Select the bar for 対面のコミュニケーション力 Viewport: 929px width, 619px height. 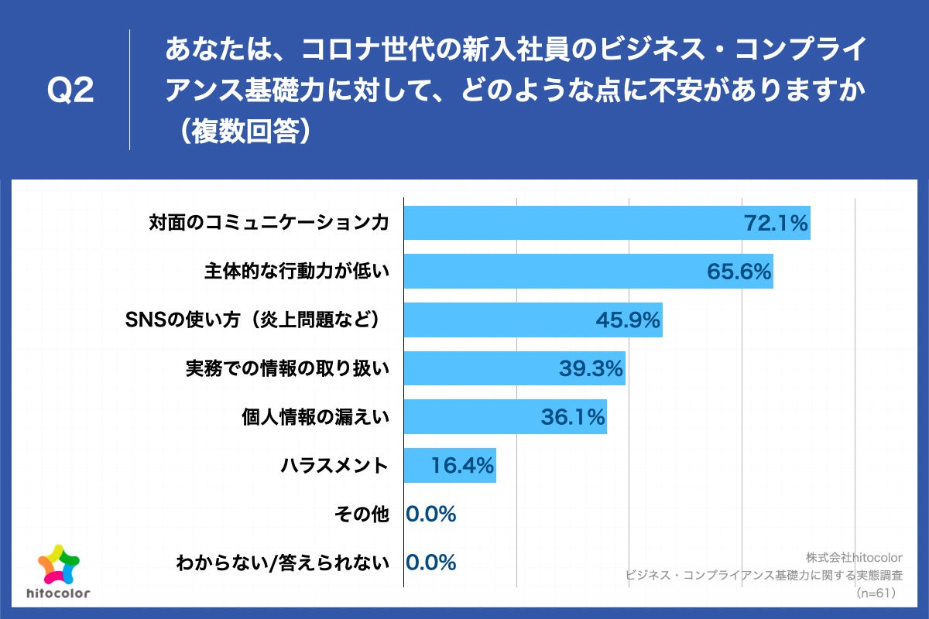(573, 223)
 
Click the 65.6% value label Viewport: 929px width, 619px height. (739, 272)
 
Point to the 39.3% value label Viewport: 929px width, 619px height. (591, 369)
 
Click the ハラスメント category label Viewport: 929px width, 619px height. (334, 466)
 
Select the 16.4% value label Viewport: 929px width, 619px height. (461, 466)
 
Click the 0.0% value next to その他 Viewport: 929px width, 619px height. (431, 515)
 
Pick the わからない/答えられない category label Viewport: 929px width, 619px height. (282, 563)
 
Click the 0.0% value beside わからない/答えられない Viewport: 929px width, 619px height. (431, 563)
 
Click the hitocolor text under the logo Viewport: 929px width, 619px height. (58, 594)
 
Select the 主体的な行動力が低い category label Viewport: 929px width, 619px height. (296, 272)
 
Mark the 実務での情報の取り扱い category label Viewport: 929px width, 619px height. (286, 369)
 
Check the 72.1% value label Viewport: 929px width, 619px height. (776, 223)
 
